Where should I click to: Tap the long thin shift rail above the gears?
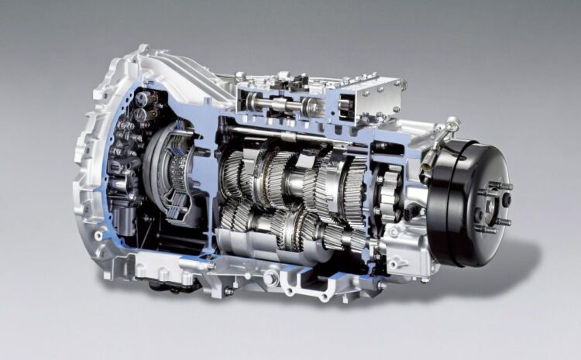coord(310,140)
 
